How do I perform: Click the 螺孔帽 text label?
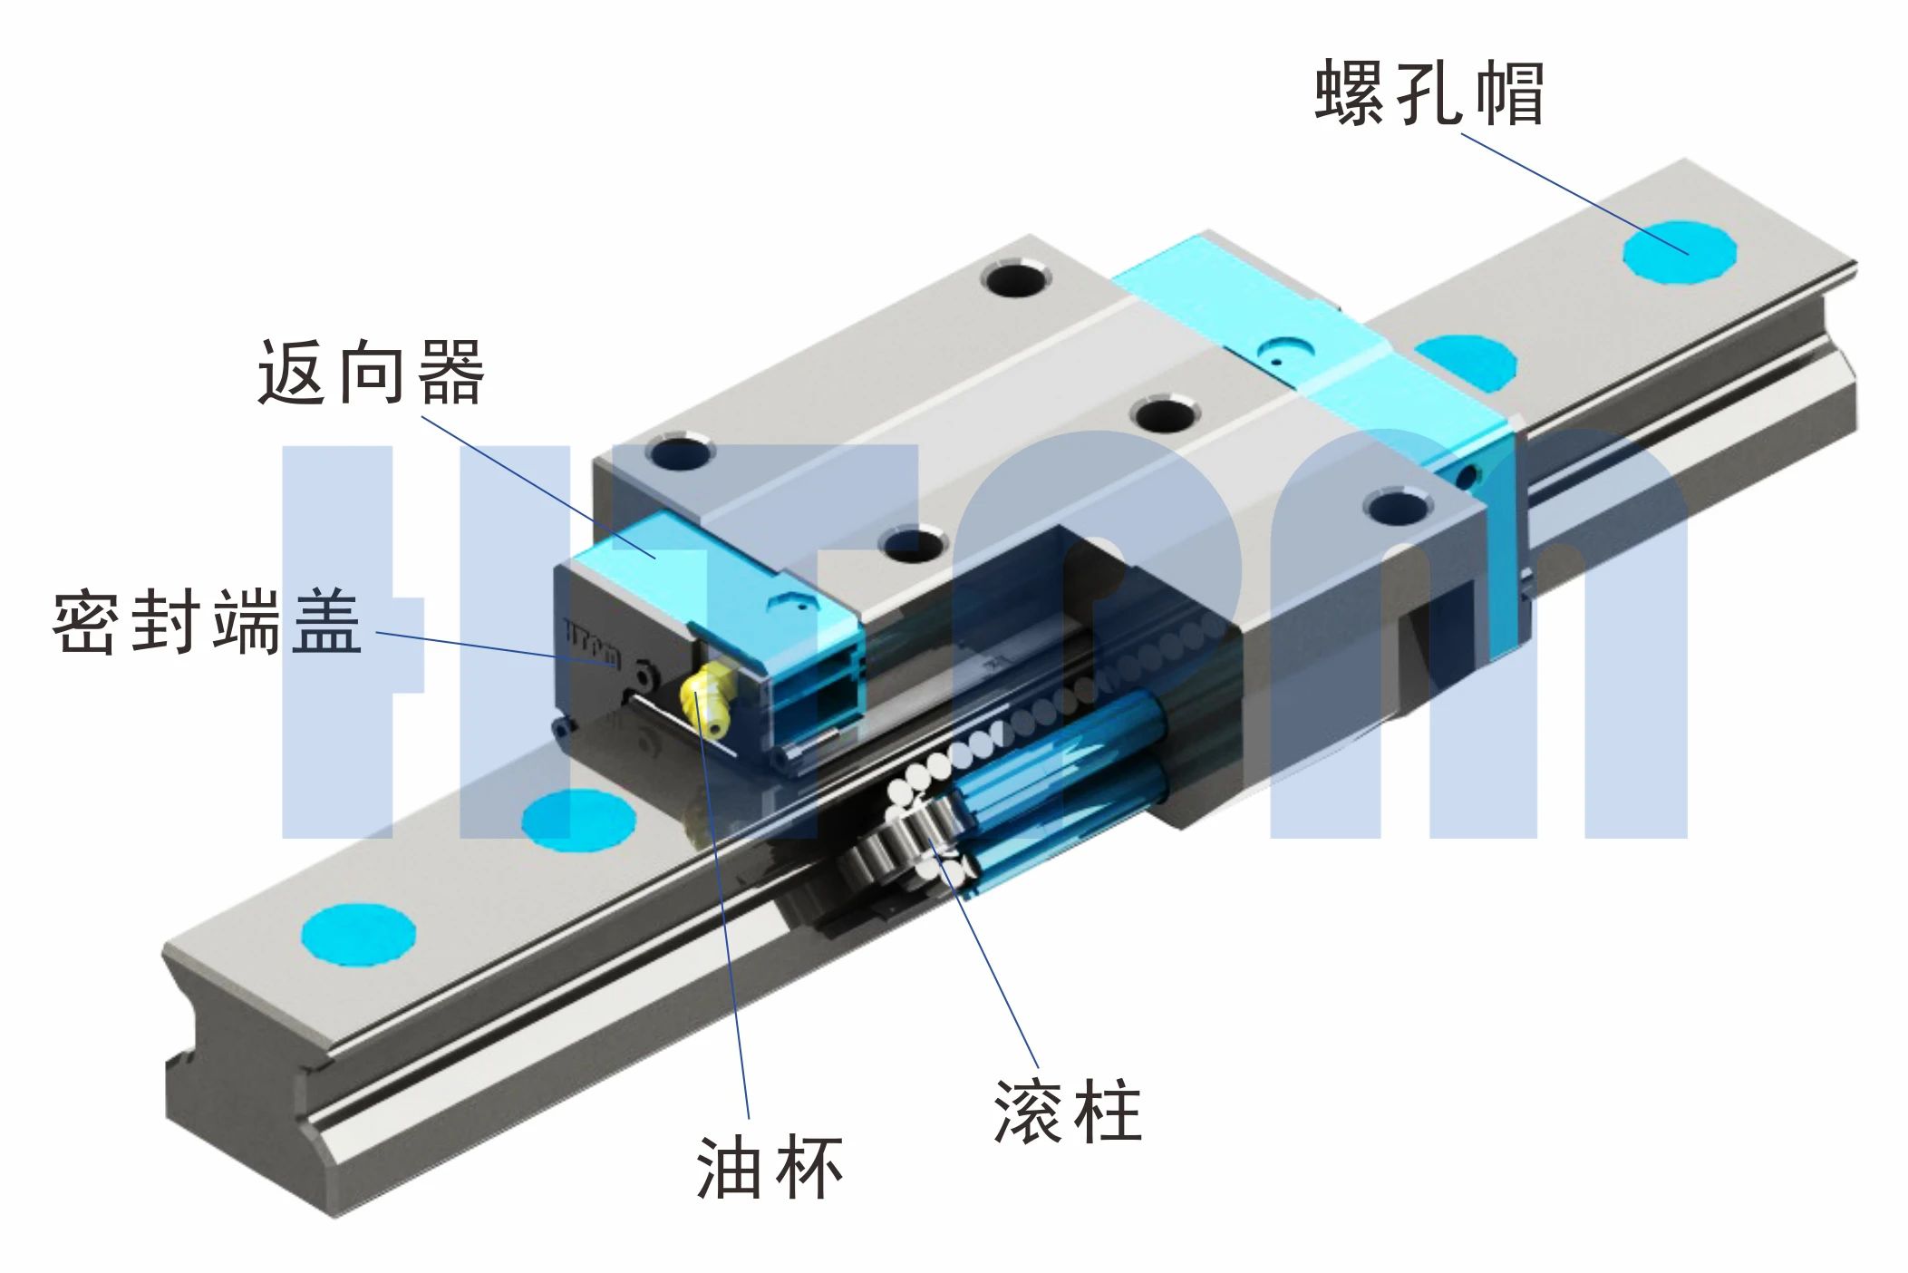1429,93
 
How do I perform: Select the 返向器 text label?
372,373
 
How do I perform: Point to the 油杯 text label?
770,1168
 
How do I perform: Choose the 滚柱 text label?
1068,1111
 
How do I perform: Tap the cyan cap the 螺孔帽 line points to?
1679,251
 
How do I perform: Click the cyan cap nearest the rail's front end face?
358,934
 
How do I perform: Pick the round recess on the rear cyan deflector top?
1287,350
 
